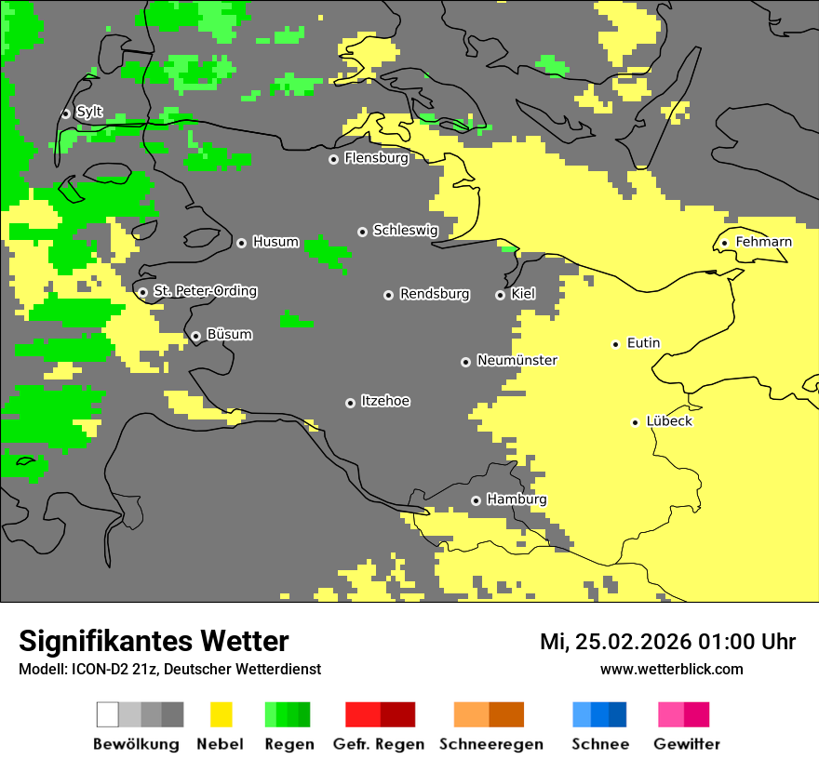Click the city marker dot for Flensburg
[333, 159]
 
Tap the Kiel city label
[523, 294]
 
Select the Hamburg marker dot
[476, 500]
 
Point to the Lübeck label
[669, 421]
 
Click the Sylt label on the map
[89, 112]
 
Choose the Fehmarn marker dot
[724, 244]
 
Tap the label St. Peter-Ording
[205, 291]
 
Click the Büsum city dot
[195, 336]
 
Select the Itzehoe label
[385, 401]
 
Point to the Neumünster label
[517, 360]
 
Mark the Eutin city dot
[615, 344]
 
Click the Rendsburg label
[435, 294]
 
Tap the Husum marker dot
[241, 243]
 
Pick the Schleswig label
[405, 230]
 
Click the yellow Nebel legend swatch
[221, 714]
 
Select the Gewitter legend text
[686, 744]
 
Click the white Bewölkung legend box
[107, 714]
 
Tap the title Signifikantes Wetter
[154, 642]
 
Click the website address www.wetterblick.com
[671, 669]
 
